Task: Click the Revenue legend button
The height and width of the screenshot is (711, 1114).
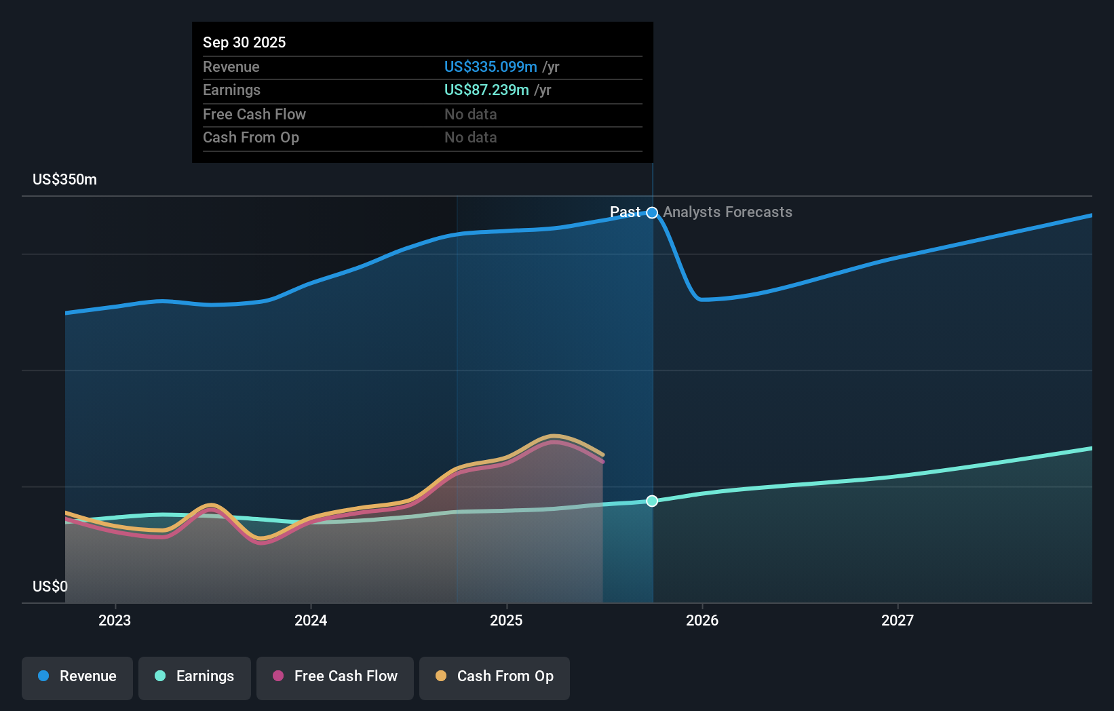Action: [77, 676]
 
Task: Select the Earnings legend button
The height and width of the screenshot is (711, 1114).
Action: [195, 676]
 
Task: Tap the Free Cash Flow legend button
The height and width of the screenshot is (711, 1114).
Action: [335, 676]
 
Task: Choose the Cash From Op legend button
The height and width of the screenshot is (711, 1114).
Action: [495, 676]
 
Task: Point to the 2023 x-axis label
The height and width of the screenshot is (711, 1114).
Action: [115, 620]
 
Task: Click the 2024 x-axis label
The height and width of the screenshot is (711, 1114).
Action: [311, 620]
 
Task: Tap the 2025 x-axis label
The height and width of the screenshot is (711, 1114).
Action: [506, 620]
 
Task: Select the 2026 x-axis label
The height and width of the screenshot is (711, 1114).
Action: [702, 620]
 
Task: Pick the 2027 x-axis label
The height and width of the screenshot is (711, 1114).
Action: [897, 620]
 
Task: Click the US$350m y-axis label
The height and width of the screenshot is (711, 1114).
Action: [64, 180]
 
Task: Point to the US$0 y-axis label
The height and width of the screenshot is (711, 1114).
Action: [50, 586]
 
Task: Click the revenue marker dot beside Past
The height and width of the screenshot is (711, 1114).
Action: [652, 213]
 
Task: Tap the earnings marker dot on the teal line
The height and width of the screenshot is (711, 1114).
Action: [652, 501]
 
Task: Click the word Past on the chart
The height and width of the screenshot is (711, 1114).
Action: [625, 212]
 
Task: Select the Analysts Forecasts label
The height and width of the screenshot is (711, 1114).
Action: [727, 212]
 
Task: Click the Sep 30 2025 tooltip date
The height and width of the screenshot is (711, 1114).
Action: [244, 42]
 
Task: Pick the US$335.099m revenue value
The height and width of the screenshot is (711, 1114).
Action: [491, 67]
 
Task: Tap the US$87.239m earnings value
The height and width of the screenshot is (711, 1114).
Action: [486, 90]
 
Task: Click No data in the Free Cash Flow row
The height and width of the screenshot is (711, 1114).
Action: [470, 115]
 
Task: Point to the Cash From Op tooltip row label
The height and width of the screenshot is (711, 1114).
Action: [251, 138]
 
